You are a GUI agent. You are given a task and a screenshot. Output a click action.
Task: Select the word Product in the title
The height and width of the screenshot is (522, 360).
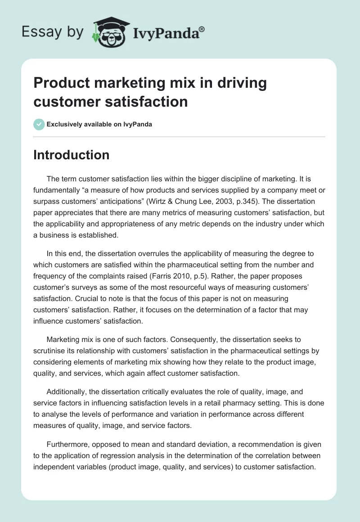62,84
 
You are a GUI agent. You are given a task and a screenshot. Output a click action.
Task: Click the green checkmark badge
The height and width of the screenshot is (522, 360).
39,124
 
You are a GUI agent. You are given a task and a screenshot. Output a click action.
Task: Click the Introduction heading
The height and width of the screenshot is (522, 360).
72,155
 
